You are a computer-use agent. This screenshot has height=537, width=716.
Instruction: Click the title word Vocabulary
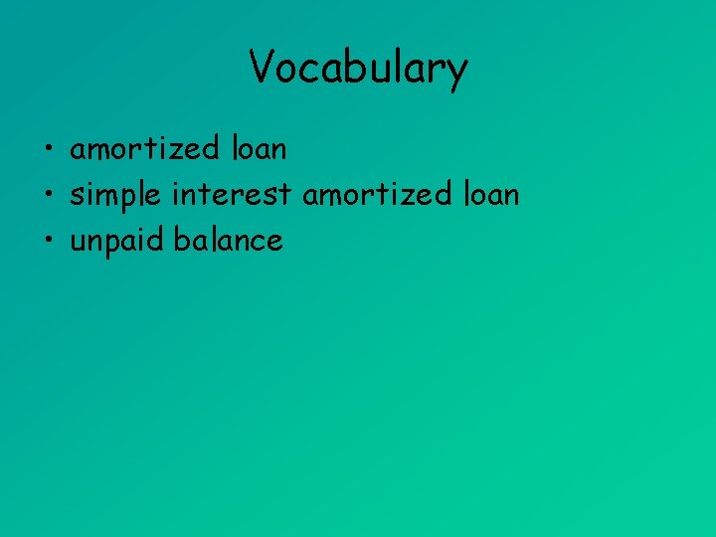coord(358,69)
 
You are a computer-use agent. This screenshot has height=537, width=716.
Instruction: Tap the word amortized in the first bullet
coord(144,149)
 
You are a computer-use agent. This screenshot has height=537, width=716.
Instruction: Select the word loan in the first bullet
coord(258,149)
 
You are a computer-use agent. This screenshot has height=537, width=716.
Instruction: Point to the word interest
coord(233,194)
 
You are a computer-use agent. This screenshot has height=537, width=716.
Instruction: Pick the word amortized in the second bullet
coord(377,194)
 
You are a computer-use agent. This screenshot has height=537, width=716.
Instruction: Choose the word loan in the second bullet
coord(490,194)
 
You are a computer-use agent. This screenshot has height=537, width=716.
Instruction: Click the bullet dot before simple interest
coord(47,196)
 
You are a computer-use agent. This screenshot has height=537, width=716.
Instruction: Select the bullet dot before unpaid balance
coord(47,242)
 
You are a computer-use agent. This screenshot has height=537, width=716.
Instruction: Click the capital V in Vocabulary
coord(261,68)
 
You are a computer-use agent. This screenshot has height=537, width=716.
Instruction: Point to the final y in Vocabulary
coord(456,72)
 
